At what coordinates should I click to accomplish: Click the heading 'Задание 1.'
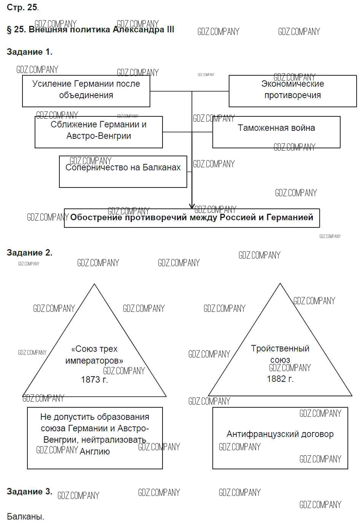(29, 52)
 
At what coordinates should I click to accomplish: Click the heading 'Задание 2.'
(29, 253)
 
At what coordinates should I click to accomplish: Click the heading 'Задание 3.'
(29, 491)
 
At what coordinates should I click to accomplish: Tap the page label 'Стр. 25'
(22, 8)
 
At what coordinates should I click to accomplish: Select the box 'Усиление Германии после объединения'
(86, 91)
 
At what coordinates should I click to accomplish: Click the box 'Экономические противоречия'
(292, 91)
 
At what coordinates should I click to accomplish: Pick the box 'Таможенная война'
(276, 132)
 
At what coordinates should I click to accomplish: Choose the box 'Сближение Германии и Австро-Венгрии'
(99, 132)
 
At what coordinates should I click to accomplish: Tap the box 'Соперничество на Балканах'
(123, 171)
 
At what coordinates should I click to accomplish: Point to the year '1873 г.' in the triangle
(94, 380)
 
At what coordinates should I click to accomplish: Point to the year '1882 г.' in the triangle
(280, 379)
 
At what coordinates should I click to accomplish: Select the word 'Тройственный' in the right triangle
(280, 348)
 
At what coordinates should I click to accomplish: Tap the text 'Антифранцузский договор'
(280, 434)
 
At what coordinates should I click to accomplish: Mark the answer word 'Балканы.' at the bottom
(25, 516)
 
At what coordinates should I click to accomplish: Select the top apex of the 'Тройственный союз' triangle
(280, 284)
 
